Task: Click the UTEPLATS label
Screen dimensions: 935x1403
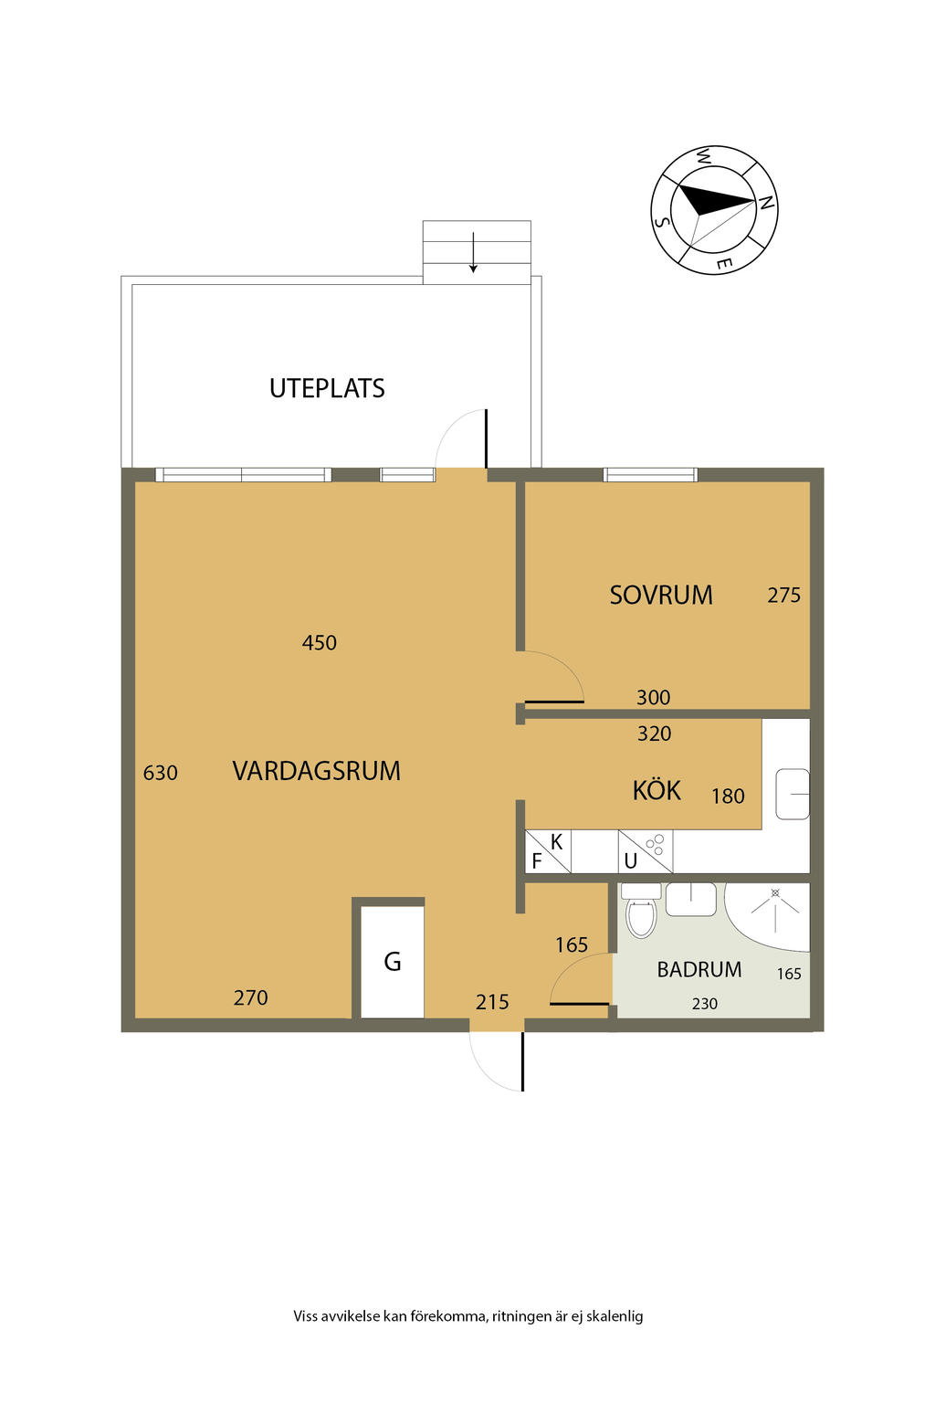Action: pyautogui.click(x=327, y=388)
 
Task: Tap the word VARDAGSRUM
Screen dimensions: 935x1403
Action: pyautogui.click(x=316, y=770)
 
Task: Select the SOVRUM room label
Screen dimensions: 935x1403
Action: pyautogui.click(x=661, y=595)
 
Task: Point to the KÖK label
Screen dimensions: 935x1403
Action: pyautogui.click(x=657, y=789)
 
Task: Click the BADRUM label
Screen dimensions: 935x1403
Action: pyautogui.click(x=699, y=969)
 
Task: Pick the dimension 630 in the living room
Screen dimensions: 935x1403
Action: pyautogui.click(x=161, y=773)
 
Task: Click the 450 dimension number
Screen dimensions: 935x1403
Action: pyautogui.click(x=320, y=643)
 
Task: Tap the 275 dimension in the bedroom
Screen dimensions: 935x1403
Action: pyautogui.click(x=784, y=595)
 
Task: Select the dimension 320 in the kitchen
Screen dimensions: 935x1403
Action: pyautogui.click(x=655, y=733)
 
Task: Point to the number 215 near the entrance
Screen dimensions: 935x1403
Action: pyautogui.click(x=492, y=1002)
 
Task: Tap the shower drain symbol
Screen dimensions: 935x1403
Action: pyautogui.click(x=775, y=892)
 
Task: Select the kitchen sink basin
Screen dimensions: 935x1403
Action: pyautogui.click(x=793, y=794)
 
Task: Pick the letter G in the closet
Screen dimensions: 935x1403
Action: pyautogui.click(x=393, y=962)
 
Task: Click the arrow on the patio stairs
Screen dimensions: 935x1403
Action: pyautogui.click(x=474, y=252)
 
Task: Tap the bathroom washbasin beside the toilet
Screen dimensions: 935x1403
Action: pyautogui.click(x=691, y=900)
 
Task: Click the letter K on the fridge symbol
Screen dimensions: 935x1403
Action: pyautogui.click(x=556, y=842)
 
